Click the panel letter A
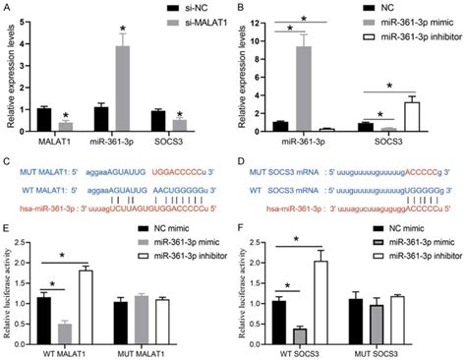tap(6, 8)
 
